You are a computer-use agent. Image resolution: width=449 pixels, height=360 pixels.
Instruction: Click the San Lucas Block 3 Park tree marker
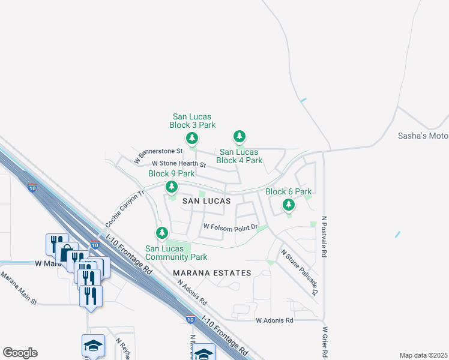point(192,139)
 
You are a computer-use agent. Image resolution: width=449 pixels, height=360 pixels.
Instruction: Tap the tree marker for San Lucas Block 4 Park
point(240,137)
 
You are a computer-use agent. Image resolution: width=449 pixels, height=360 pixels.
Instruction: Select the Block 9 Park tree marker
point(171,187)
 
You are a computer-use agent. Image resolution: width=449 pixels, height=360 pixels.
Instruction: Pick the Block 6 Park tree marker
point(289,205)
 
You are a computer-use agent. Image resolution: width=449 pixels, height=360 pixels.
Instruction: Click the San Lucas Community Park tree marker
point(161,232)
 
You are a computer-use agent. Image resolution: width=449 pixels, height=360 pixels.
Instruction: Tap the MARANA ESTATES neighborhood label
point(212,273)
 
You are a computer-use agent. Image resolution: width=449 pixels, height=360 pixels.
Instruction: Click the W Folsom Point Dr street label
point(231,227)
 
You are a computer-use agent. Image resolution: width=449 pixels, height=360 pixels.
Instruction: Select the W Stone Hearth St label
point(179,164)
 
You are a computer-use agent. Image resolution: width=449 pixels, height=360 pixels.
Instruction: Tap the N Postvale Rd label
point(324,236)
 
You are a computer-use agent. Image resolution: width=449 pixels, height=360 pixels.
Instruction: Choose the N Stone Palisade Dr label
point(300,272)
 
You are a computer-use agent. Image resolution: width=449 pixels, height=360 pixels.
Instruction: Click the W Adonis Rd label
point(274,320)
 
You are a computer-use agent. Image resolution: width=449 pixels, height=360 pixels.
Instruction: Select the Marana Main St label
point(19,287)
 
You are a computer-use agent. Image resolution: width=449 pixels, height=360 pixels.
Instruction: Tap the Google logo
point(20,353)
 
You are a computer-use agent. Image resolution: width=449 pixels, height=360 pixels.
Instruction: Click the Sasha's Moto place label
point(423,136)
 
